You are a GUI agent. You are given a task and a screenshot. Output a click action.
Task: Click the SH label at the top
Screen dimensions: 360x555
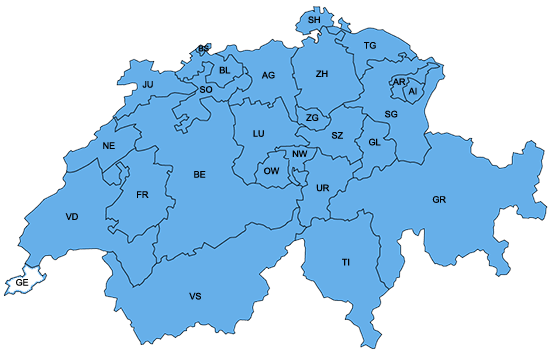(x=314, y=20)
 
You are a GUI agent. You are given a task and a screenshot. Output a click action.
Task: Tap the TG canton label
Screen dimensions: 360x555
(x=370, y=46)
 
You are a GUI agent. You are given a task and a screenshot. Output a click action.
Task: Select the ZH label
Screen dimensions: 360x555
(x=322, y=74)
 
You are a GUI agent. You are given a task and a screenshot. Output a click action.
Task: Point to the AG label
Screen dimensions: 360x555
(x=268, y=75)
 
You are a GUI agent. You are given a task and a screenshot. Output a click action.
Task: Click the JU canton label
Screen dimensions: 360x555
(x=148, y=85)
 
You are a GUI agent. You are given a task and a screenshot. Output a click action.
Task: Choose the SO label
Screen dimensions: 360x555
(x=206, y=89)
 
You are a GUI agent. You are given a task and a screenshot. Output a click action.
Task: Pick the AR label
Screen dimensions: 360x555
(x=399, y=82)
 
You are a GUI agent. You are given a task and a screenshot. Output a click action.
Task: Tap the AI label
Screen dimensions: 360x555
(x=412, y=91)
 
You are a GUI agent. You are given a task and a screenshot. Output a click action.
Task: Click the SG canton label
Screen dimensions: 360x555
(x=391, y=115)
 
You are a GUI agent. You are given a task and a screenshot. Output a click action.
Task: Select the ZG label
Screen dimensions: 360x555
(x=312, y=118)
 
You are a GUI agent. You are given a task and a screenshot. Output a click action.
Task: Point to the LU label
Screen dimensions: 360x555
(x=258, y=133)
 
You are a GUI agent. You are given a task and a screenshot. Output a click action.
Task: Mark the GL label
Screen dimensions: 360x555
(x=375, y=142)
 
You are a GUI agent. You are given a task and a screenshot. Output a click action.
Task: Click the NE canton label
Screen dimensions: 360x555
(x=110, y=146)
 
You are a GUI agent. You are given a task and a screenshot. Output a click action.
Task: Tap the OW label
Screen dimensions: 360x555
(x=271, y=171)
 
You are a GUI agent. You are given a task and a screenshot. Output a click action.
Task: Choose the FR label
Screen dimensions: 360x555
(x=142, y=194)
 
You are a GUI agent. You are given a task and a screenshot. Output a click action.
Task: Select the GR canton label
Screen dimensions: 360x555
(x=439, y=200)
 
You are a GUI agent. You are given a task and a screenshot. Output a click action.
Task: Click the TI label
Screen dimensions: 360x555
(x=346, y=262)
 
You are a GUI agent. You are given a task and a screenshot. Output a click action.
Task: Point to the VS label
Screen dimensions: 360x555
(x=195, y=297)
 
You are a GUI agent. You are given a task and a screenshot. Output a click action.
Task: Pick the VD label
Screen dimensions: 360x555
(x=72, y=217)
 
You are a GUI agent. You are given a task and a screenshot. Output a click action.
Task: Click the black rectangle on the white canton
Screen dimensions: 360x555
(x=22, y=285)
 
